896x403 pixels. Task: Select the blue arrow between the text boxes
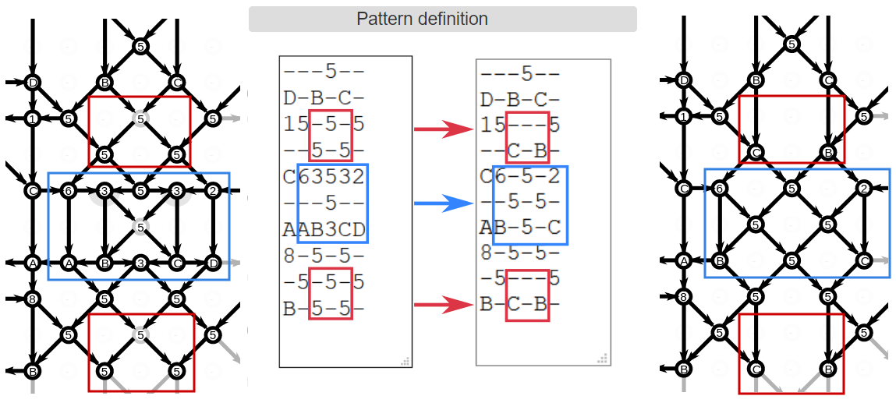[x=443, y=204]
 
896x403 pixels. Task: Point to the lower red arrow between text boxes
[x=443, y=303]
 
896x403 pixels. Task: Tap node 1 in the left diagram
[x=32, y=118]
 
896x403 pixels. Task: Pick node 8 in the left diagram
[x=32, y=298]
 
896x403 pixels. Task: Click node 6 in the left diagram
[x=68, y=190]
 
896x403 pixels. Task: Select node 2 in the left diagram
[x=213, y=190]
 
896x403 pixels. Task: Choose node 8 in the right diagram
[x=684, y=296]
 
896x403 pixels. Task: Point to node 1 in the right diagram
[x=684, y=117]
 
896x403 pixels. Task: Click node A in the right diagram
[x=684, y=261]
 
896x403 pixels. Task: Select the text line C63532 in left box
[x=324, y=176]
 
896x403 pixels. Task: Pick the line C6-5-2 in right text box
[x=520, y=177]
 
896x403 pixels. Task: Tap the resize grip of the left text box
[x=406, y=361]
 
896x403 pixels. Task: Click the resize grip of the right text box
[x=602, y=359]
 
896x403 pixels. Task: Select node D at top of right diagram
[x=684, y=80]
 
